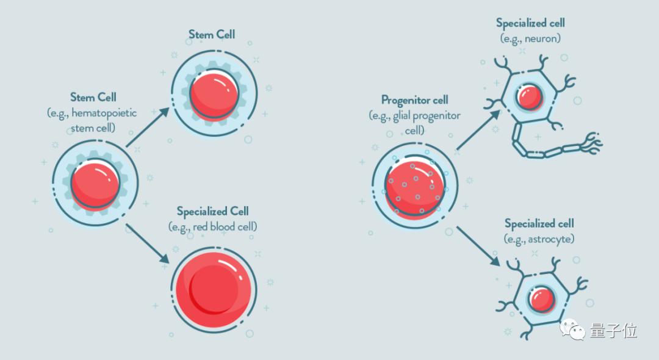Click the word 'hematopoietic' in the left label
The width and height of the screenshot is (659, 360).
[104, 113]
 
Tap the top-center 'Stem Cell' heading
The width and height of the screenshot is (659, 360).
[211, 34]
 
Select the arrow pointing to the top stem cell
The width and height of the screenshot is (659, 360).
[148, 128]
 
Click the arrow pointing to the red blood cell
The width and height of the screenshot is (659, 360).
[148, 244]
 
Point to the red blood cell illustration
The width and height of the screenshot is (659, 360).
[214, 289]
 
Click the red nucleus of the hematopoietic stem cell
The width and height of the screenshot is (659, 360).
[95, 184]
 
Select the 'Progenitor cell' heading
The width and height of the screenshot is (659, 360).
[415, 100]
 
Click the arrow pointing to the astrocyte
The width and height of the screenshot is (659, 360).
[478, 246]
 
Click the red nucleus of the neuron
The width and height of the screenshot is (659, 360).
[528, 96]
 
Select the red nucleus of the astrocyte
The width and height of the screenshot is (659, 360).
[541, 299]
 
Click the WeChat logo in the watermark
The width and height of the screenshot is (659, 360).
[572, 329]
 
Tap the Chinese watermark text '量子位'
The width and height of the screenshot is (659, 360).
[613, 331]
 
